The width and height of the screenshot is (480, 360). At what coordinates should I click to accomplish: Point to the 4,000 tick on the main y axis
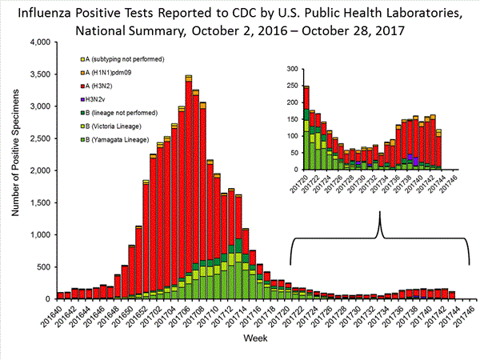point(39,42)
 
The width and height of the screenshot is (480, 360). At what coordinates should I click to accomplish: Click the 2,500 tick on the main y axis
point(39,138)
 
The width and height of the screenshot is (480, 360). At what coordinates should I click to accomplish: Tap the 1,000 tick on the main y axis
point(39,235)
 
